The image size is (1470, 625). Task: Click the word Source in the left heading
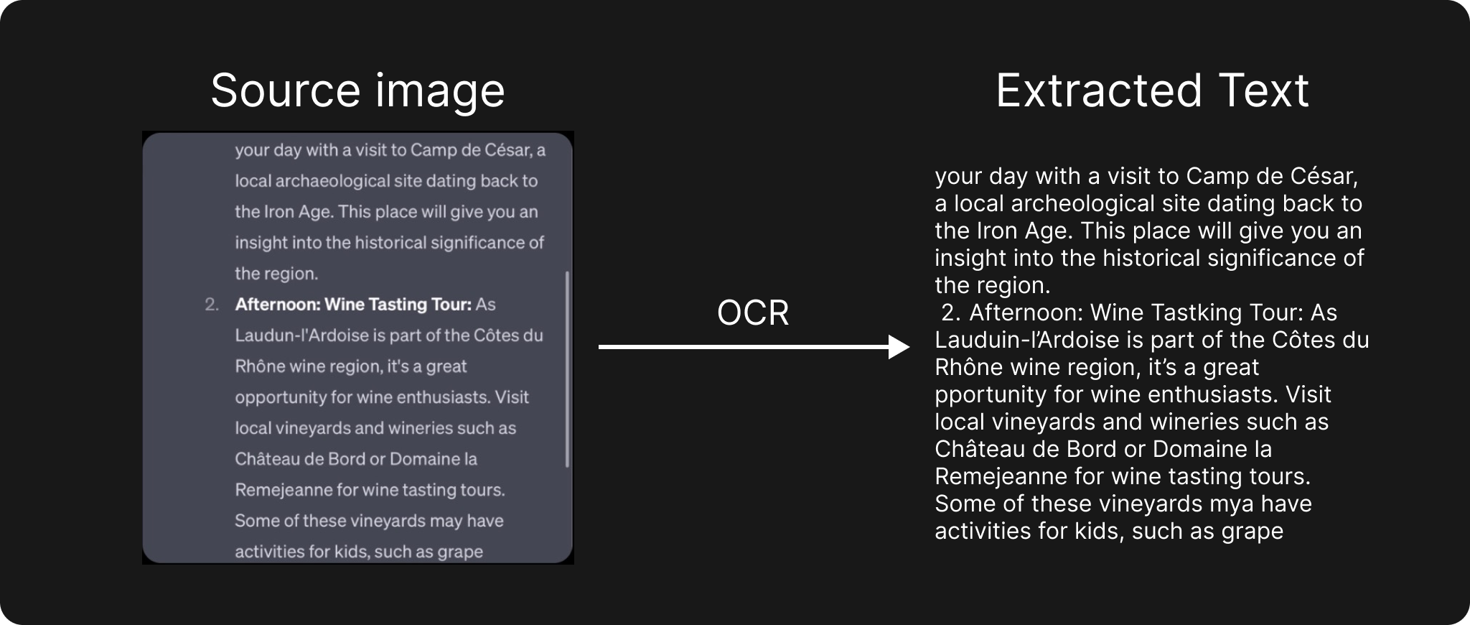point(286,91)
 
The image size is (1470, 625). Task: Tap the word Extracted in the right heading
point(1099,91)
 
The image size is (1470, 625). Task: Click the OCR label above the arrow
point(753,312)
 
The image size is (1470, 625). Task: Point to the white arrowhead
point(899,347)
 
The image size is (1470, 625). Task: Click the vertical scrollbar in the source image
point(567,369)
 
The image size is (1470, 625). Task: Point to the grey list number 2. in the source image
point(212,305)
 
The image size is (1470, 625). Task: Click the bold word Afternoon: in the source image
point(278,305)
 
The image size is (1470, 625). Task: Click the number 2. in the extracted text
point(950,313)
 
